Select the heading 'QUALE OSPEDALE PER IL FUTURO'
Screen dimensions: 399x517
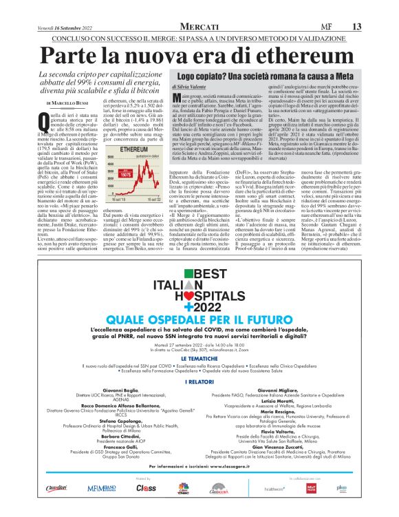200,320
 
